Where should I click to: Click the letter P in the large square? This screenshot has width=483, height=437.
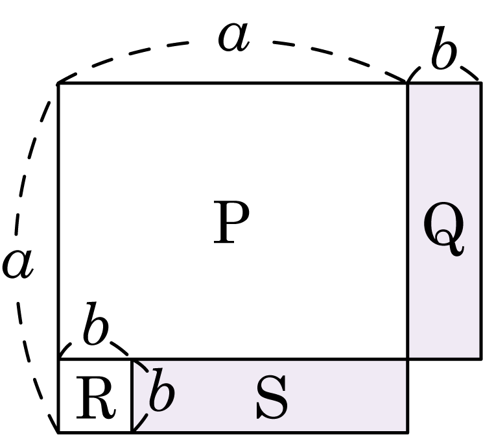(x=231, y=222)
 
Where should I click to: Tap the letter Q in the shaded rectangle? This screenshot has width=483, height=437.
(x=443, y=229)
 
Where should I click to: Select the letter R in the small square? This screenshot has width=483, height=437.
(x=96, y=398)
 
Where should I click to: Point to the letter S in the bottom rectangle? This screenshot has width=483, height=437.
(x=272, y=398)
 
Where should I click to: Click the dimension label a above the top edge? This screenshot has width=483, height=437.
(x=233, y=38)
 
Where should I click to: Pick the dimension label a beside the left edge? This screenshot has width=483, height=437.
(x=18, y=264)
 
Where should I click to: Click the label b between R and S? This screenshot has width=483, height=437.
(x=162, y=390)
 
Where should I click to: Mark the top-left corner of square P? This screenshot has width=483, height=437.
(x=58, y=83)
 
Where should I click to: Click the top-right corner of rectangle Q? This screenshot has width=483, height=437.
(x=481, y=83)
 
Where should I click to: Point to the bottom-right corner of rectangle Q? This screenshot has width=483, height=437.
(x=481, y=359)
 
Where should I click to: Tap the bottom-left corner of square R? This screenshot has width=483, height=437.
(x=58, y=432)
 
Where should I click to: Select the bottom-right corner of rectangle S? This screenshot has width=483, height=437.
(x=408, y=432)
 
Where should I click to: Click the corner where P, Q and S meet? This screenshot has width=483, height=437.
(x=408, y=359)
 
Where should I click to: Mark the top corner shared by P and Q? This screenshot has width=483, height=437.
(x=408, y=83)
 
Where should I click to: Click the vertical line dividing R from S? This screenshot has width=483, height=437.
(x=132, y=396)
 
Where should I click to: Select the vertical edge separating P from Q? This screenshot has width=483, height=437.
(x=408, y=221)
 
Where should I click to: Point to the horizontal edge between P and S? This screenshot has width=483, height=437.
(x=270, y=359)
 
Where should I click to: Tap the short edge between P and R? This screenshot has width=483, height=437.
(x=95, y=359)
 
